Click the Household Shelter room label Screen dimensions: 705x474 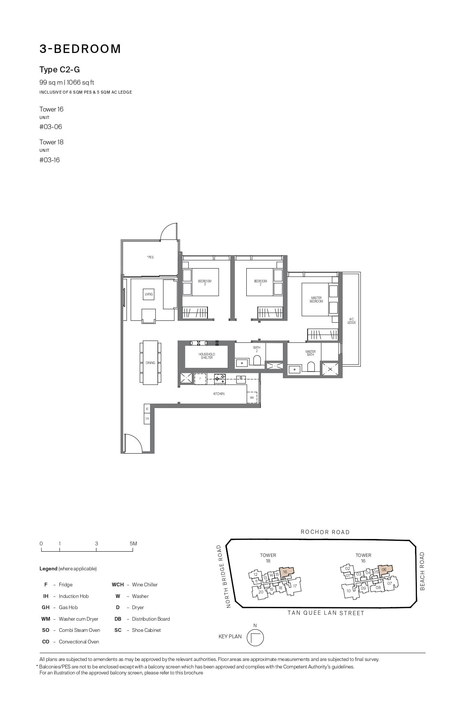(206, 356)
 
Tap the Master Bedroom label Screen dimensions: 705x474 (316, 300)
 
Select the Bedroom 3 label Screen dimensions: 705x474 (205, 282)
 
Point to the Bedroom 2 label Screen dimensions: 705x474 (261, 282)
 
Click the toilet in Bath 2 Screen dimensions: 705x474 (257, 360)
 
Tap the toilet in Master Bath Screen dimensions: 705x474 (311, 367)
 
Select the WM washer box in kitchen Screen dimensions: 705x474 (252, 398)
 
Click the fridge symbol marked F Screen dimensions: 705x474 (200, 379)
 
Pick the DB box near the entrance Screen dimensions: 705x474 (147, 419)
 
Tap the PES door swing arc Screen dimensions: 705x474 (168, 232)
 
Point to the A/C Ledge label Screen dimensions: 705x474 (351, 321)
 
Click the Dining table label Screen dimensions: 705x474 (150, 363)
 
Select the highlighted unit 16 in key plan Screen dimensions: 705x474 (286, 572)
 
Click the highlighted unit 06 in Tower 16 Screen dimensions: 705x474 (385, 570)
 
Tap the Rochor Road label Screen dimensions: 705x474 (325, 532)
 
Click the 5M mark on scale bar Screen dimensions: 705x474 (133, 543)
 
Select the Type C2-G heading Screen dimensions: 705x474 (60, 70)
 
